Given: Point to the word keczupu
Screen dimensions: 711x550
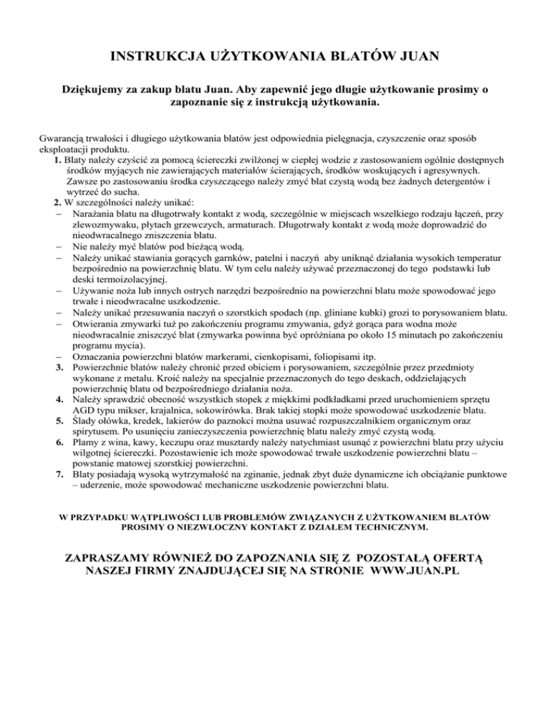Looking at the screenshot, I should coord(165,448).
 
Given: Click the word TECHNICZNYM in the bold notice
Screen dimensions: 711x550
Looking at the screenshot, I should coord(390,528).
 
